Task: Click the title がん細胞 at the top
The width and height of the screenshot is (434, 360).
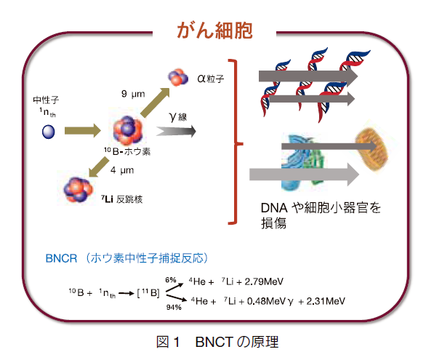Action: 214,31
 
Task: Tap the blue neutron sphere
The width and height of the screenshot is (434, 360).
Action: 49,132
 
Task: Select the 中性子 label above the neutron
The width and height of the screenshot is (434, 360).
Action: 46,100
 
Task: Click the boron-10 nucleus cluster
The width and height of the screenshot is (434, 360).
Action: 128,130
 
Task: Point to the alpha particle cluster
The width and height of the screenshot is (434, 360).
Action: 178,77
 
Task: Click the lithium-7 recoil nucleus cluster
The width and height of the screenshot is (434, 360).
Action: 79,190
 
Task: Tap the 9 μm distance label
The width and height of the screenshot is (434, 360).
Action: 133,94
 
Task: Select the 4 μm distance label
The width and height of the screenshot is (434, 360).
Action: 122,169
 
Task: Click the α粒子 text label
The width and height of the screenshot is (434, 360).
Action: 210,79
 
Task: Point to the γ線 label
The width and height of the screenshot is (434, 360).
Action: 177,117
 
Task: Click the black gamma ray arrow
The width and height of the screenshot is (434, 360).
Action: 176,131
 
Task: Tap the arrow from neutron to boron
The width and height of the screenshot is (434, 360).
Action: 83,131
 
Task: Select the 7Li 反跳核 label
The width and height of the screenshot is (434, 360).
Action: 122,199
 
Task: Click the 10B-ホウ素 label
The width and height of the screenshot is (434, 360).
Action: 127,151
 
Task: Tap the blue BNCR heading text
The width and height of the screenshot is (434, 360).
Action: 126,258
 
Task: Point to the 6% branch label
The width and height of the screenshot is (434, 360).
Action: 171,280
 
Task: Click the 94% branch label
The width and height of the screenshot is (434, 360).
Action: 174,307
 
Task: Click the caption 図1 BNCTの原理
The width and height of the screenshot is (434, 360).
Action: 217,342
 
